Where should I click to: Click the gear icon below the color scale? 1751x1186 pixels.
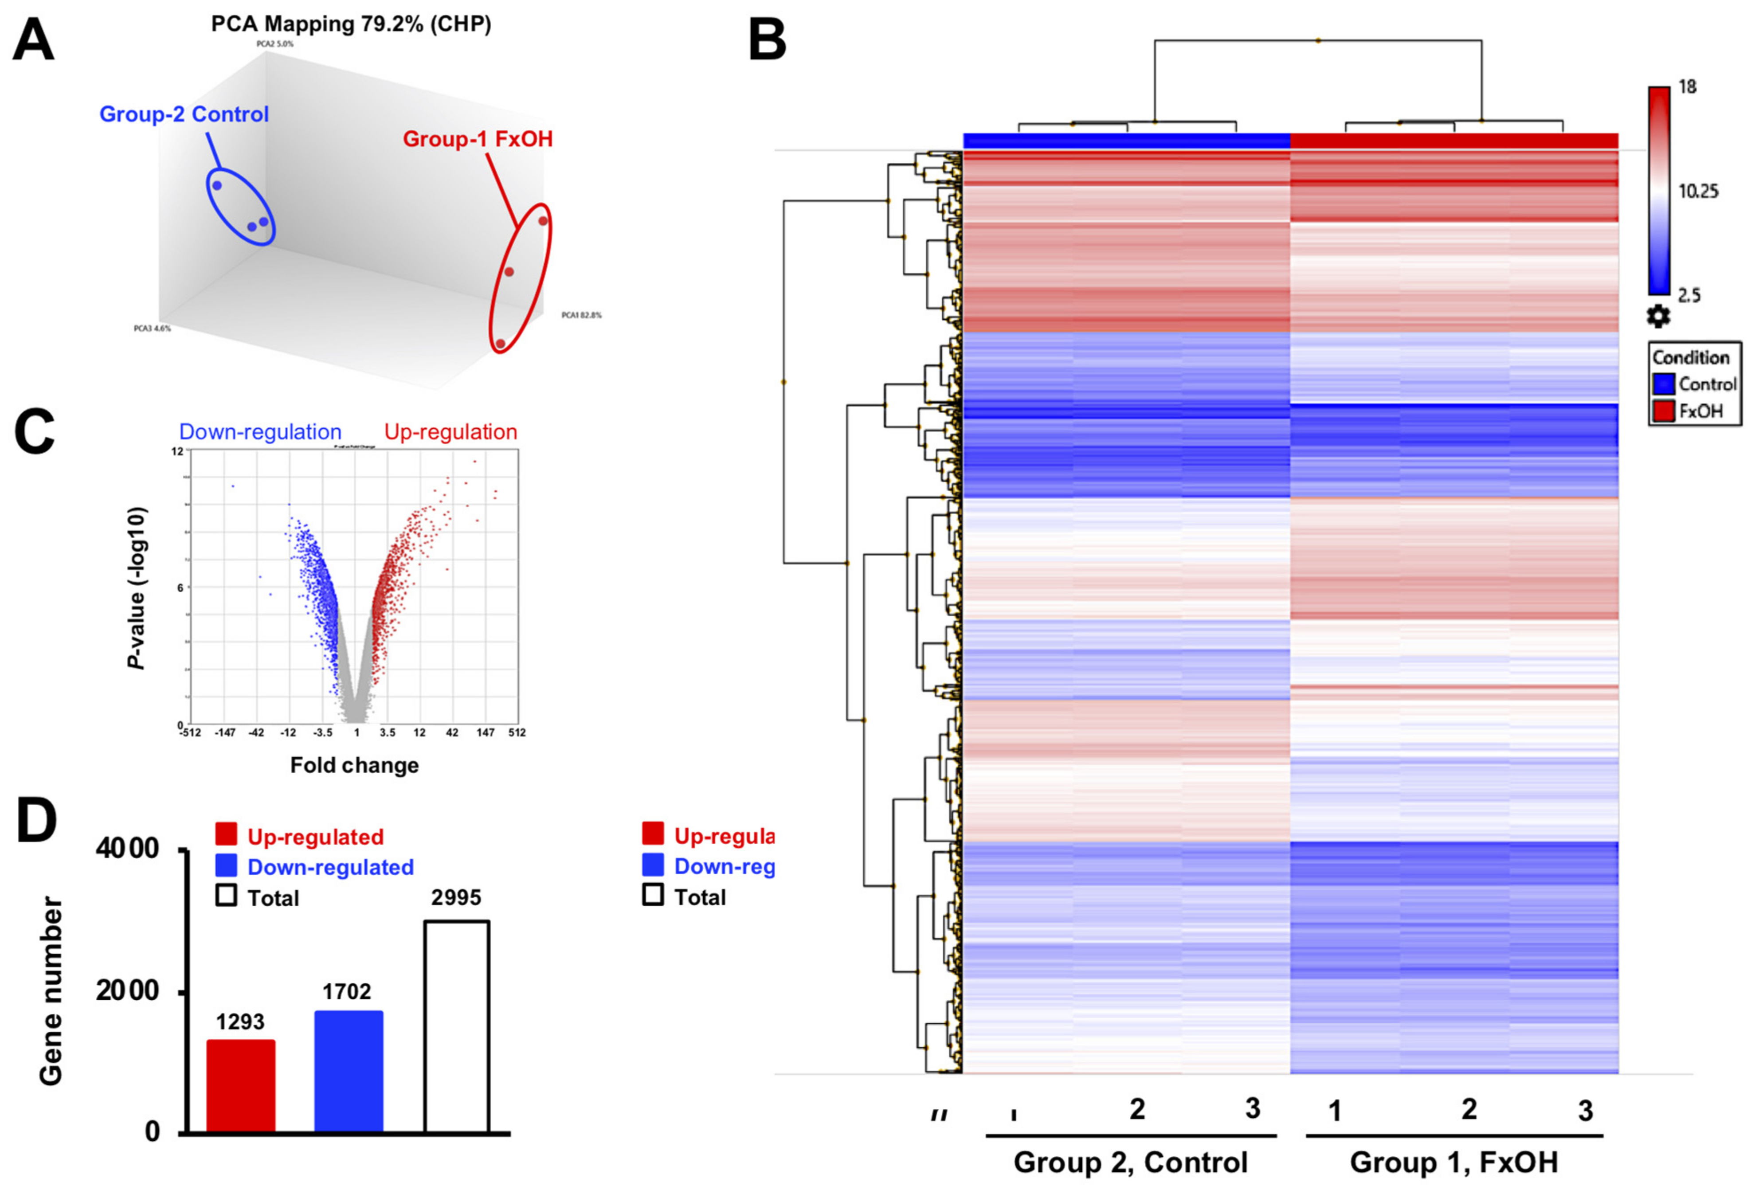tap(1657, 317)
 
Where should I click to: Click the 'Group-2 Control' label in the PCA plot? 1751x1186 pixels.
tap(184, 114)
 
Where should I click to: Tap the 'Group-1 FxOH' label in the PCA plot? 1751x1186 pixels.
tap(478, 139)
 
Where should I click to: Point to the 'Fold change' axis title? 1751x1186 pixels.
tap(354, 766)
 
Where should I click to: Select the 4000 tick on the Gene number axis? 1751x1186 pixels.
tap(128, 849)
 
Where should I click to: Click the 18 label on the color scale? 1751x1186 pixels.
tap(1688, 87)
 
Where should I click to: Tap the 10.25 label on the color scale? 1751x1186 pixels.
tap(1698, 192)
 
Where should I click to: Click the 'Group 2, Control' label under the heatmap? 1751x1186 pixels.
tap(1130, 1162)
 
